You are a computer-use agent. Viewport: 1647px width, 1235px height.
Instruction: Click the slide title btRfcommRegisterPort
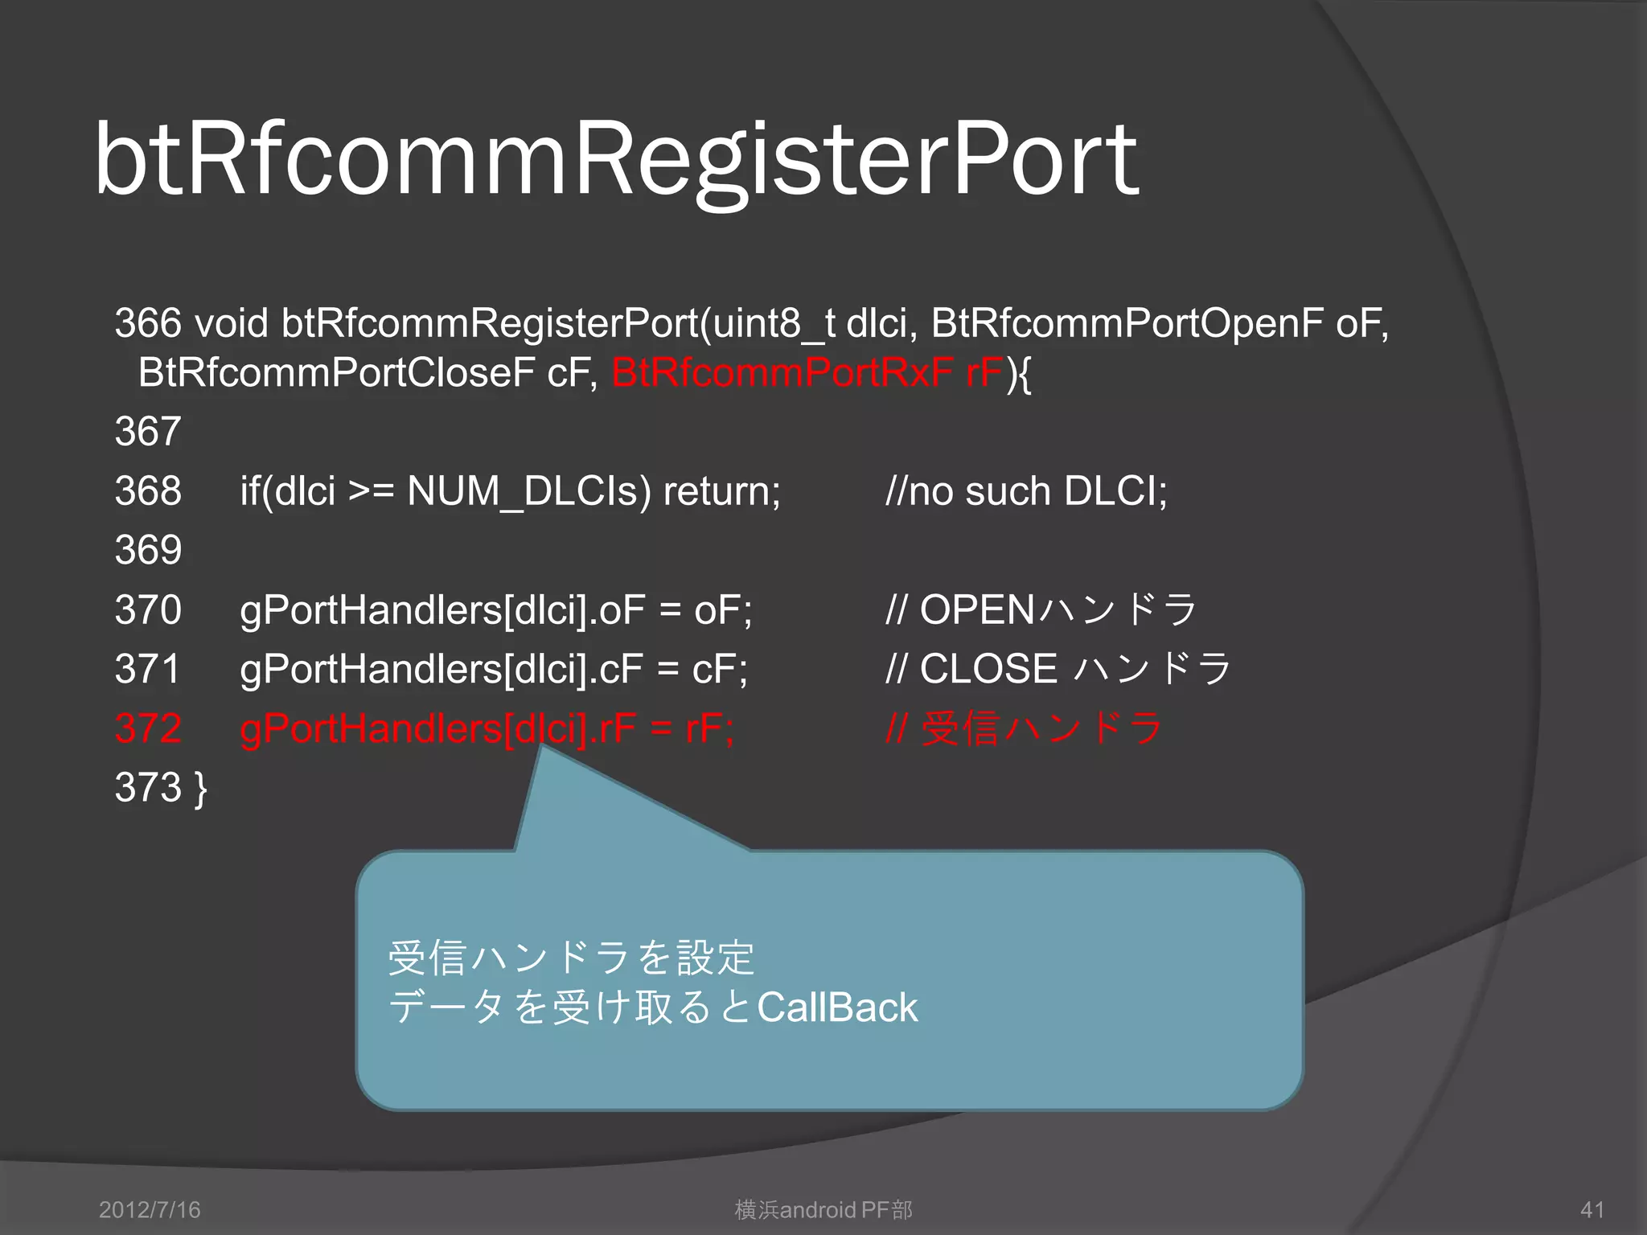(616, 159)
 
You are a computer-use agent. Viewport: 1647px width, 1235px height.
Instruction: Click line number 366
(148, 323)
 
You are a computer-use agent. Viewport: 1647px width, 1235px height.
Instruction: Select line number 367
(148, 432)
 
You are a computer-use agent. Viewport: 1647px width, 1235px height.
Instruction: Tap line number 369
(148, 551)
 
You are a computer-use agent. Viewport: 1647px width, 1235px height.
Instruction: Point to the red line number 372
(148, 728)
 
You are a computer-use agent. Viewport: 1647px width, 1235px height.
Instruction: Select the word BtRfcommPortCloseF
(336, 373)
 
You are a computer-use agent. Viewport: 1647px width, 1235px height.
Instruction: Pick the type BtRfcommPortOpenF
(1126, 323)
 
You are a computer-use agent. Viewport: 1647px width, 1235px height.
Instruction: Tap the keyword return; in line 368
(721, 491)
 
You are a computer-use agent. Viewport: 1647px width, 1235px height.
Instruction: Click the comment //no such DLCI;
(1026, 491)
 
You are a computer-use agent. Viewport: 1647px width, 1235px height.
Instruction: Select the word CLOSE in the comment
(988, 670)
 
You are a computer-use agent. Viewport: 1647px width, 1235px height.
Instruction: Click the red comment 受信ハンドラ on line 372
(1042, 728)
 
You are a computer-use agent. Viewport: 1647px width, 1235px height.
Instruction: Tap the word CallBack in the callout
(837, 1008)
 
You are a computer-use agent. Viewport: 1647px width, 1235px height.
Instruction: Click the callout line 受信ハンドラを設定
(571, 958)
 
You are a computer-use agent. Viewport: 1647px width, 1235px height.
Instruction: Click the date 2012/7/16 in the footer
(150, 1210)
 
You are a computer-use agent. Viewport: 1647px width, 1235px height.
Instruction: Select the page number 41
(1592, 1210)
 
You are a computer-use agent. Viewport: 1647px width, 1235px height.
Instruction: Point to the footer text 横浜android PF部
(823, 1210)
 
